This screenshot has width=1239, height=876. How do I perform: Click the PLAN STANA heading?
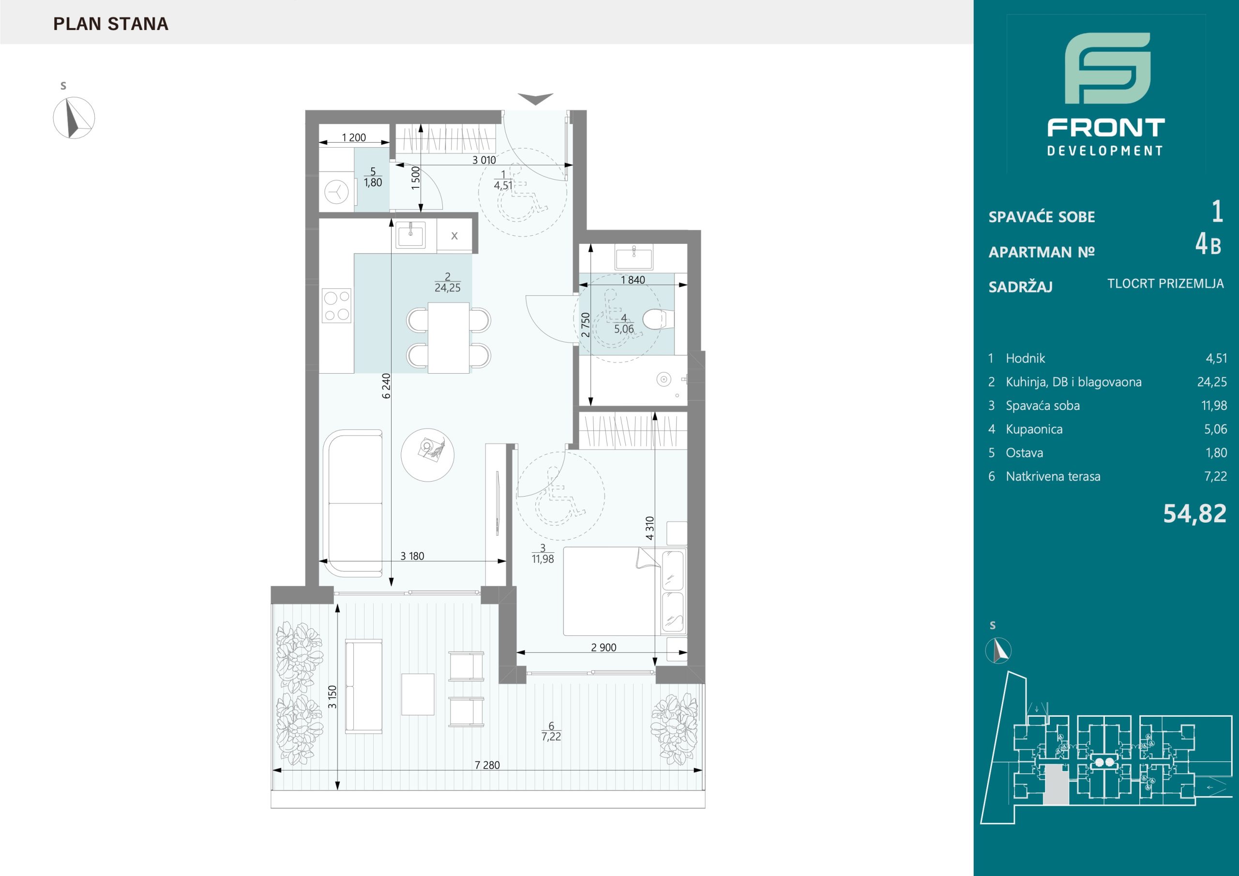(111, 24)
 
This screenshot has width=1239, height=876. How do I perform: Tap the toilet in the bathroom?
(658, 319)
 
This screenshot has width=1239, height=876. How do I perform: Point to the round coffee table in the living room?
(427, 454)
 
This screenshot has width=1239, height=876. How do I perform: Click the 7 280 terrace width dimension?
(487, 765)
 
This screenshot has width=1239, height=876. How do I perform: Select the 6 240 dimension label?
(386, 386)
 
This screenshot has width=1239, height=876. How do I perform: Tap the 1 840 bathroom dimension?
(633, 280)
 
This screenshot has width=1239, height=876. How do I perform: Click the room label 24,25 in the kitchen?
(447, 287)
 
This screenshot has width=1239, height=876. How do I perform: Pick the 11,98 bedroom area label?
(543, 559)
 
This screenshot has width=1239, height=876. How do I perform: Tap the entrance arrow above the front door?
(535, 99)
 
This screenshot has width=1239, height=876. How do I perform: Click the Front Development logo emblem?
(1107, 76)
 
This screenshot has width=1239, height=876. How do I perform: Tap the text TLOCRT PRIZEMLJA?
(1165, 283)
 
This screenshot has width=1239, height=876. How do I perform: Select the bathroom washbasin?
(633, 257)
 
